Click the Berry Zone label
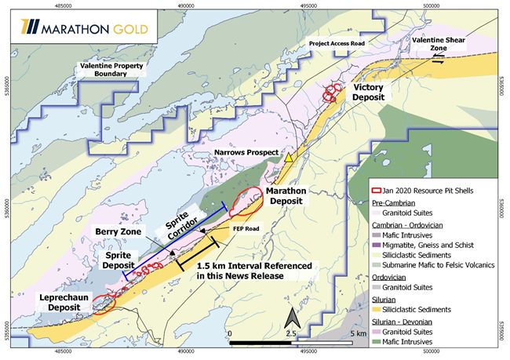point(118,232)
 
